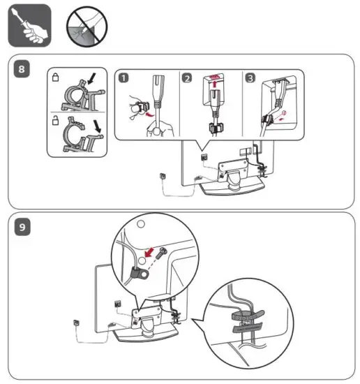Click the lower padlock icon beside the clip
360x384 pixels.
click(x=55, y=121)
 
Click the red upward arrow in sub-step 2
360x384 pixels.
click(x=215, y=84)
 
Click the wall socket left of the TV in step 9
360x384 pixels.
click(x=76, y=322)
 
